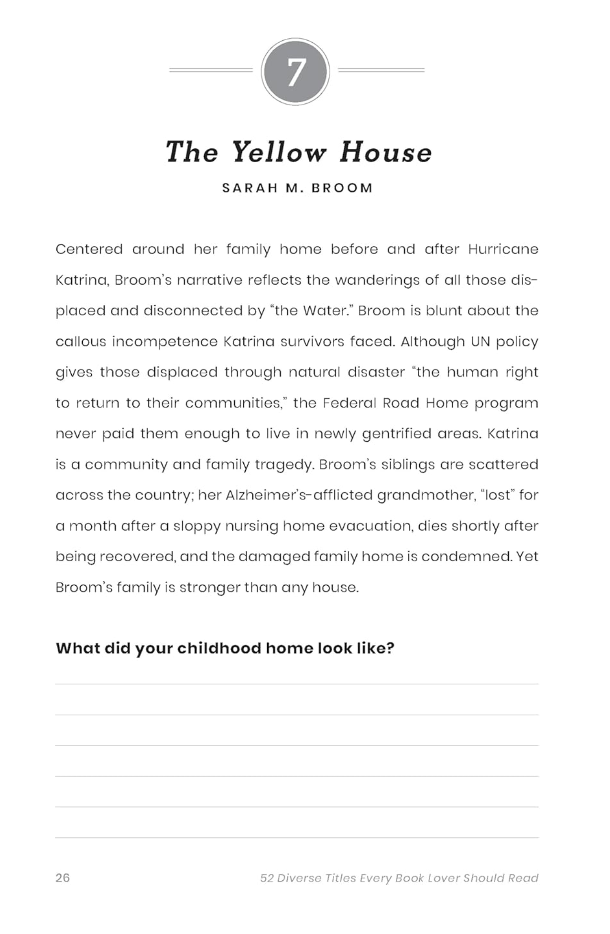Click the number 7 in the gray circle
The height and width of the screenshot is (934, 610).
pos(295,72)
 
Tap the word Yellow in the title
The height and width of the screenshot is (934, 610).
pos(279,152)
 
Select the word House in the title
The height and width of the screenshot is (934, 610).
pos(385,152)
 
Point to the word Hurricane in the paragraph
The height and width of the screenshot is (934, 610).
pos(503,249)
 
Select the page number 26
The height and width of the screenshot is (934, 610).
pos(63,878)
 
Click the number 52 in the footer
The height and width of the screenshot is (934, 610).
pos(267,878)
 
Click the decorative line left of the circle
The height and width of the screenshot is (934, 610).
pos(211,70)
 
